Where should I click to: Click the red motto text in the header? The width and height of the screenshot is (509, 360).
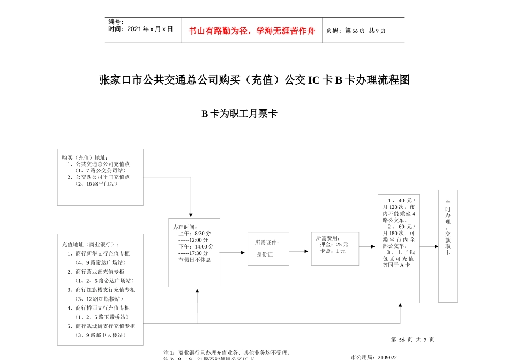click(x=251, y=31)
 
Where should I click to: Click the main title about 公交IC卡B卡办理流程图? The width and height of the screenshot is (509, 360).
click(x=254, y=80)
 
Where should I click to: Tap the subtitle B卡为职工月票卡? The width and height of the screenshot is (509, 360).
click(x=239, y=114)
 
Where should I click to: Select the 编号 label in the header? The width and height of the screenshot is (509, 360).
click(x=116, y=21)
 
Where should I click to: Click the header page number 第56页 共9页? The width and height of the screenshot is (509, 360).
click(x=356, y=31)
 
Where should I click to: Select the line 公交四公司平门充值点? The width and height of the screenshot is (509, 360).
click(x=102, y=177)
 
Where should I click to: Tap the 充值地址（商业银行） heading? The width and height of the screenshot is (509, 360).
click(x=91, y=245)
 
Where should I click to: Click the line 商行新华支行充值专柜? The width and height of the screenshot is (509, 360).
click(x=102, y=254)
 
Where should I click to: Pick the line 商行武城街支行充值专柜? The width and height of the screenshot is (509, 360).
click(x=105, y=326)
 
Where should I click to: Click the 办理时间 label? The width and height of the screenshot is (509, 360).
click(x=185, y=227)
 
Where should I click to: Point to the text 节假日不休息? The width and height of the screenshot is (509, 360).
click(x=194, y=260)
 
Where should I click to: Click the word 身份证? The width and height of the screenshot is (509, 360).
click(x=265, y=254)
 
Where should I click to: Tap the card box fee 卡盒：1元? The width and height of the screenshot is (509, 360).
click(x=333, y=251)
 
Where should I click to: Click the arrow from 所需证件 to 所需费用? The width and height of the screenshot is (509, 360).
click(x=300, y=249)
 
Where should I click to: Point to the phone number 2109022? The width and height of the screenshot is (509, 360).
click(x=387, y=357)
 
